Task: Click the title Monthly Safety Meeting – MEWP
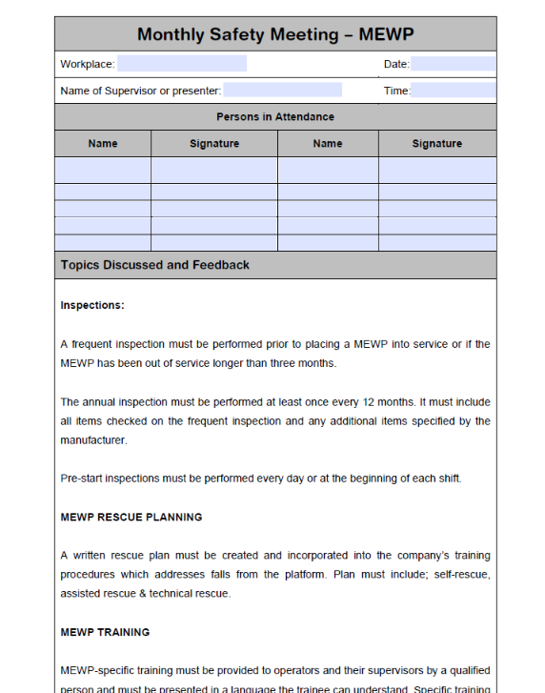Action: (x=275, y=34)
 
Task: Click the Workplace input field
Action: (x=181, y=64)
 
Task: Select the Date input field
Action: (x=453, y=64)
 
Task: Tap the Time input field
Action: (x=453, y=91)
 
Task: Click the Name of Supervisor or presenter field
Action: (x=282, y=91)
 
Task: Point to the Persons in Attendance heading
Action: (x=275, y=116)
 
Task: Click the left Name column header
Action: (x=103, y=144)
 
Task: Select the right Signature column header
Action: (x=436, y=144)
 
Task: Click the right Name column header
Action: (x=327, y=144)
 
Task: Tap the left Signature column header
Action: (x=214, y=144)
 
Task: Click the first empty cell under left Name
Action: (x=103, y=170)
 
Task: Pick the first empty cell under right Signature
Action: (x=436, y=170)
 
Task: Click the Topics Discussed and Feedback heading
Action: (x=154, y=265)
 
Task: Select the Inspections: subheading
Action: (x=92, y=306)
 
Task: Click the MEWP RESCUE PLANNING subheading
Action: (x=131, y=518)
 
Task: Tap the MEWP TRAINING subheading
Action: (x=105, y=632)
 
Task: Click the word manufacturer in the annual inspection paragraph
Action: (x=92, y=440)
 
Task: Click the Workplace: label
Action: (x=88, y=64)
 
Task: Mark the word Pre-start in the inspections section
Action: (x=81, y=479)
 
